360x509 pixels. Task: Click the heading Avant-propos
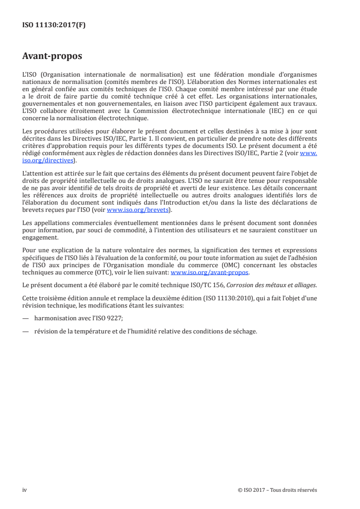(x=52, y=57)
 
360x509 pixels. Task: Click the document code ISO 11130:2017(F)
(x=54, y=25)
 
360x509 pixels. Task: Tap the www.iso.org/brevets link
(x=136, y=210)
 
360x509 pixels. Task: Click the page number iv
(x=25, y=489)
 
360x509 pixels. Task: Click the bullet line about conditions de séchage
(x=145, y=330)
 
